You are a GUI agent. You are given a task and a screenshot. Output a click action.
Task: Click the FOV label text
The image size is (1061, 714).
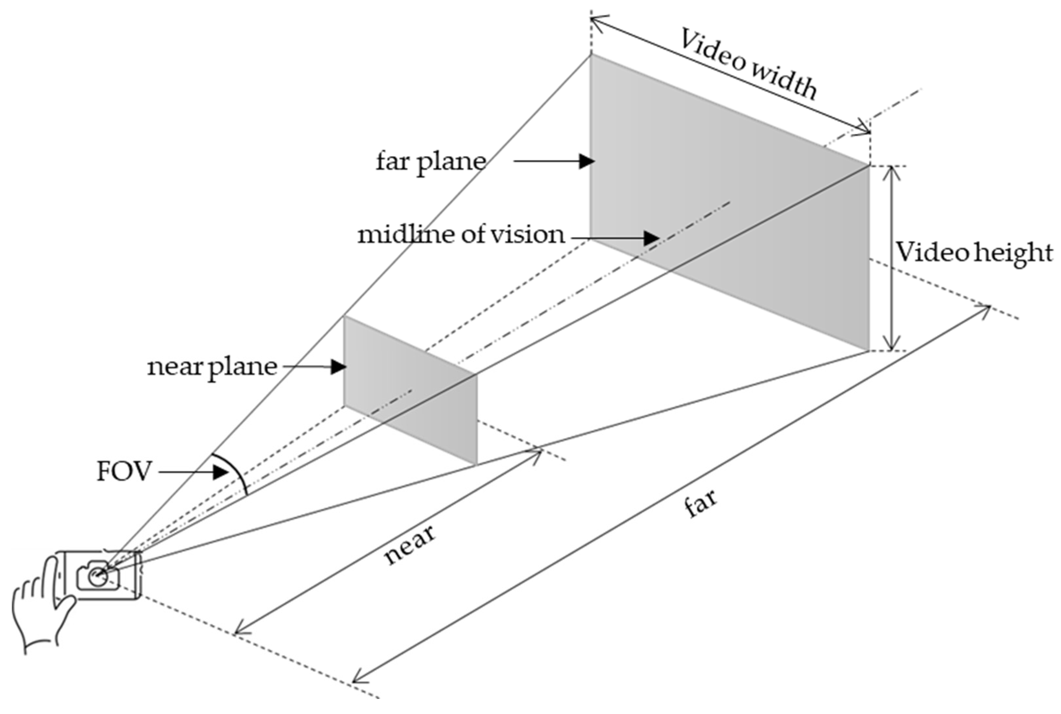point(123,471)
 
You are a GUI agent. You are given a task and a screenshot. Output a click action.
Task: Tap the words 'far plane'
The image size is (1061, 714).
point(430,161)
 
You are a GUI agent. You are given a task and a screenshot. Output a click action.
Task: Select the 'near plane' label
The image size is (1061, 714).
point(212,367)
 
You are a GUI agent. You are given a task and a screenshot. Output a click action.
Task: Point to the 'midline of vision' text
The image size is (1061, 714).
point(460,235)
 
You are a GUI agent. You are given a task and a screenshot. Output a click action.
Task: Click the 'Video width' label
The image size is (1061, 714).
point(748,64)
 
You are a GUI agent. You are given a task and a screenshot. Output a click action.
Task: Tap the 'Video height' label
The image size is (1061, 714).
point(974,252)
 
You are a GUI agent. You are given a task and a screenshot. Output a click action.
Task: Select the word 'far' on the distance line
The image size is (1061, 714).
point(701,503)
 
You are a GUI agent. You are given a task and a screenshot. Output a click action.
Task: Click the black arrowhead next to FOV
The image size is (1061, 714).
point(220,472)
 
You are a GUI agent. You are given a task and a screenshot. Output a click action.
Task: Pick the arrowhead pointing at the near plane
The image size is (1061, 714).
point(338,367)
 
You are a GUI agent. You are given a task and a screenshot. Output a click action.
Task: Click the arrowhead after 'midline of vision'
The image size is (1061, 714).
point(652,238)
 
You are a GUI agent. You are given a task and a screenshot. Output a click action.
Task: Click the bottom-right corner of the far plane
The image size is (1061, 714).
point(869,350)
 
